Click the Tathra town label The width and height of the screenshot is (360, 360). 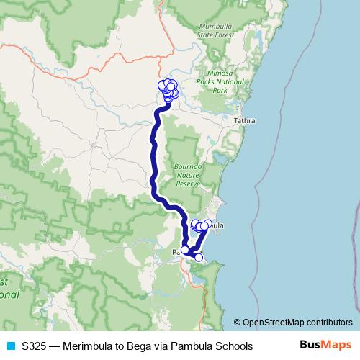[x=245, y=122]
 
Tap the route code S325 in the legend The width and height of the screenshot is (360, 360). [x=35, y=346]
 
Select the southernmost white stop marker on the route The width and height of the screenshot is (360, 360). [x=199, y=257]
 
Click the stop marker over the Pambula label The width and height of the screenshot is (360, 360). [x=185, y=250]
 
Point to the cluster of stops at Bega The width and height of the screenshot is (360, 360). [x=170, y=90]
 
